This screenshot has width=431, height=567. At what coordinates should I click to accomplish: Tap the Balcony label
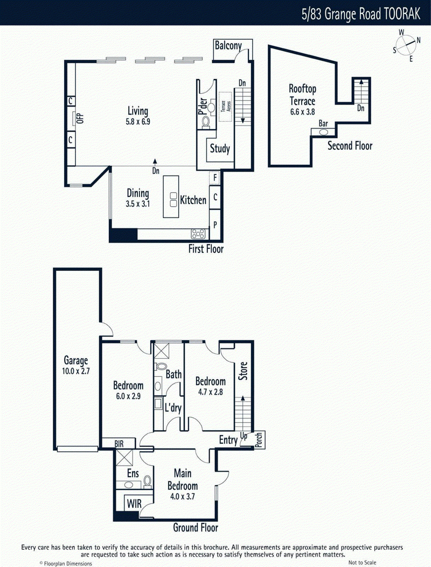(228, 46)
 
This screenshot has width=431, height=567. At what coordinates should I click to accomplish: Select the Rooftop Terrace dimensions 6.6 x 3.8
(302, 112)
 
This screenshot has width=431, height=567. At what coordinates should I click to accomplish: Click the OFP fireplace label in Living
(80, 118)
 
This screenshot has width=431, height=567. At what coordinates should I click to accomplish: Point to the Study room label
(220, 149)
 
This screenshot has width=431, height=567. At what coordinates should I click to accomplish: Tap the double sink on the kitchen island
(173, 199)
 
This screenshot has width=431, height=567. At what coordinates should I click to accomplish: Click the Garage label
(75, 360)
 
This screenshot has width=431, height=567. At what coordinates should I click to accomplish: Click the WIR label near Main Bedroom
(134, 504)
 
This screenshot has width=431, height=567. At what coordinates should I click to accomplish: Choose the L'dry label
(172, 408)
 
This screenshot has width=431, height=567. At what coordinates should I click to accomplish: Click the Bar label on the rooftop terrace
(323, 123)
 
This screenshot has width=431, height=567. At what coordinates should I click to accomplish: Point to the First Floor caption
(206, 249)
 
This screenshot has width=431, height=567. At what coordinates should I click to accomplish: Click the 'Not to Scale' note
(362, 562)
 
